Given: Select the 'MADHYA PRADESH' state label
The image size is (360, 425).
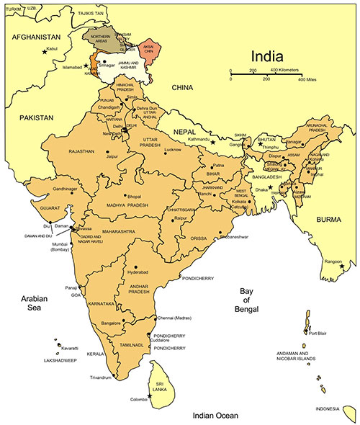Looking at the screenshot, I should coord(128,205).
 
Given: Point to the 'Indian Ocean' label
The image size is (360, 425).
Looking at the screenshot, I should coord(215,416).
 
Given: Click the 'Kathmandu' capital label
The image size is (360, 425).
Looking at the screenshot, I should coord(197,138).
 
